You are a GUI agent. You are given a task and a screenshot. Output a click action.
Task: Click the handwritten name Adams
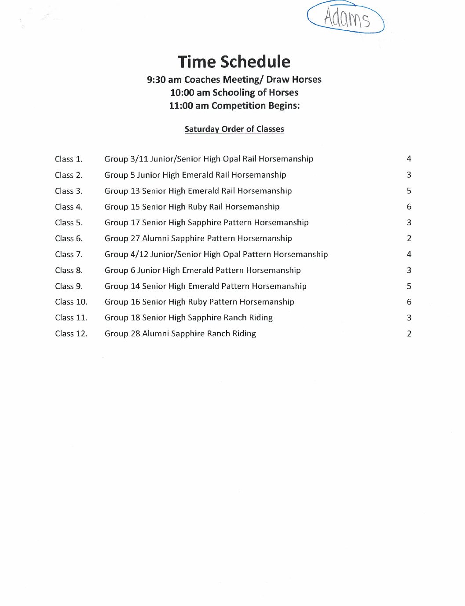coord(347,18)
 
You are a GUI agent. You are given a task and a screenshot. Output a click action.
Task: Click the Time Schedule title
coord(234,62)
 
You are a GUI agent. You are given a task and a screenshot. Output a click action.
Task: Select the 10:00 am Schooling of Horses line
coord(234,92)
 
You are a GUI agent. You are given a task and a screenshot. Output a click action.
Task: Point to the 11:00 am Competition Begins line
coord(234,106)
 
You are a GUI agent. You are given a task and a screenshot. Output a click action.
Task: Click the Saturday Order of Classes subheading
coord(234,129)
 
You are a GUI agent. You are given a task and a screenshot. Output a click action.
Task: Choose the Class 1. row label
coord(69,159)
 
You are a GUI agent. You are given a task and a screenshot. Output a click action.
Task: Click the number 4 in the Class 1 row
coord(409,158)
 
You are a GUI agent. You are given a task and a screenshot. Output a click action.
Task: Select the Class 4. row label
coord(69,207)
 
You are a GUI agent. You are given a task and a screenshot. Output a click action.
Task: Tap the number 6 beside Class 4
coord(409,206)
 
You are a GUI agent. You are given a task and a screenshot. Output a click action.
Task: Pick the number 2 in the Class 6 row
coord(409,239)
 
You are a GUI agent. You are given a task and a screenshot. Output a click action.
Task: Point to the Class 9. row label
coord(69,286)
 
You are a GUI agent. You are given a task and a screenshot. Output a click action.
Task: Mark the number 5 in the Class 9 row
coord(409,286)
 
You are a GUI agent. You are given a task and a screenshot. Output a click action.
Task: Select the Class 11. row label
coord(71,318)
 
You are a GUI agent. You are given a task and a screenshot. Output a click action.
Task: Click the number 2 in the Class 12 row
coord(409,334)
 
